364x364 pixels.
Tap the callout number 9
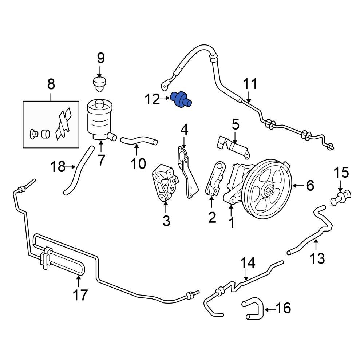coord(100,59)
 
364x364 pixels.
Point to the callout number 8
coord(51,84)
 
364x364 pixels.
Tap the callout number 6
coord(310,186)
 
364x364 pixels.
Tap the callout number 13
coord(317,258)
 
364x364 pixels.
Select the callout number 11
coord(250,84)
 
